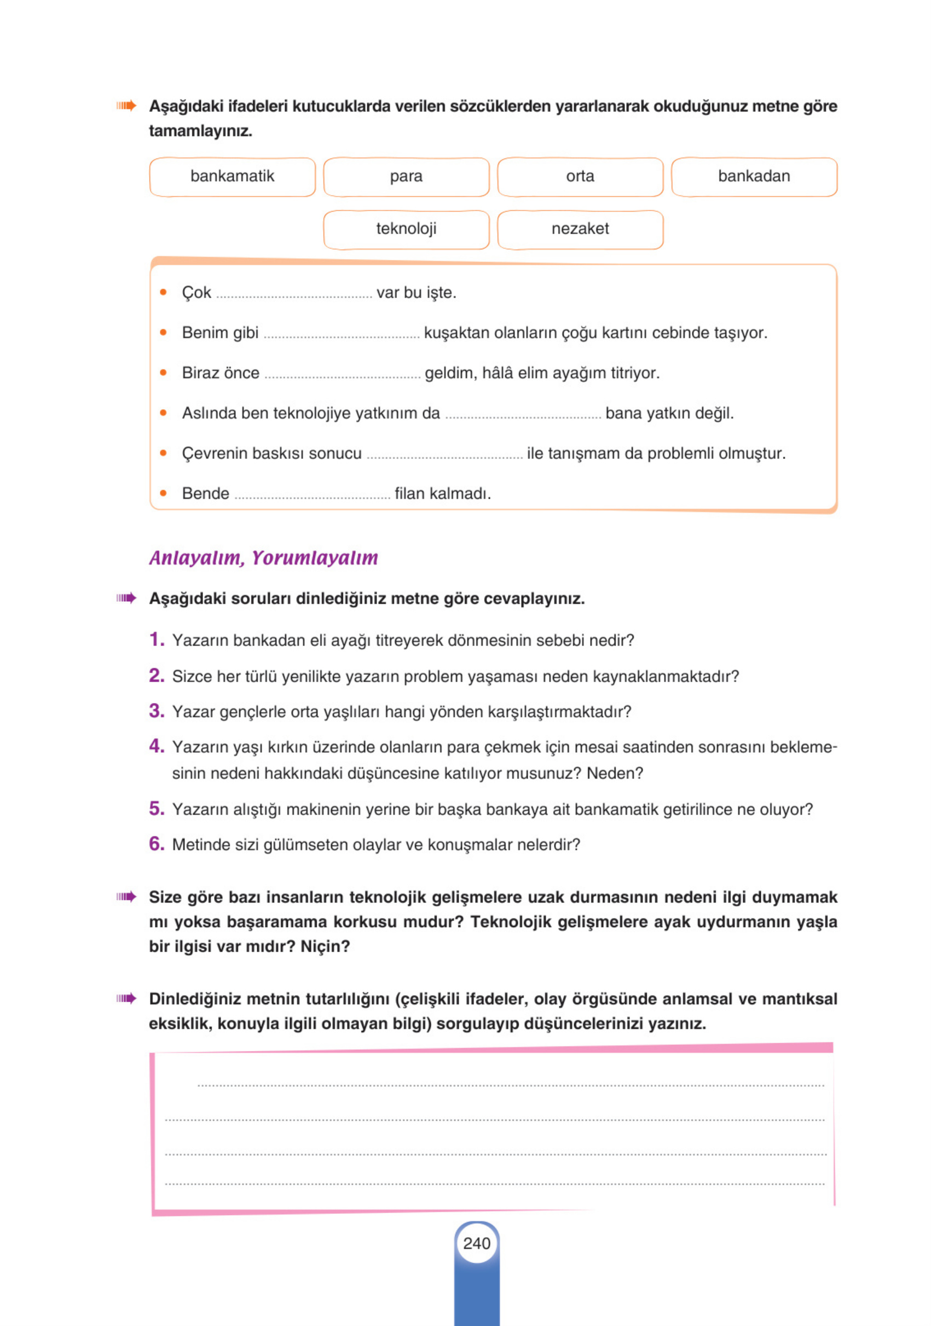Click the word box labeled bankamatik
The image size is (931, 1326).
[232, 177]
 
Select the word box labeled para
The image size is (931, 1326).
[406, 177]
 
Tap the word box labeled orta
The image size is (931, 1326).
[580, 177]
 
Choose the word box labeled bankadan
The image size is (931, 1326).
[754, 177]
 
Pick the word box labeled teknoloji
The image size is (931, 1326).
[406, 229]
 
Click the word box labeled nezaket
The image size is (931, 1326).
[580, 229]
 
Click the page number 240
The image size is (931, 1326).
[476, 1243]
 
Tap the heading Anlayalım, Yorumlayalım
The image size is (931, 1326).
[263, 558]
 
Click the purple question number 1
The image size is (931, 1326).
[156, 639]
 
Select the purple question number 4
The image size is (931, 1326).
[156, 746]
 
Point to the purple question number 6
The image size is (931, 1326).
[156, 844]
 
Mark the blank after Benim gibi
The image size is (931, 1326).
[341, 335]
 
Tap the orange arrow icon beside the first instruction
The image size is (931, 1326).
[126, 106]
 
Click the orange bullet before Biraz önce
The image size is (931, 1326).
[164, 373]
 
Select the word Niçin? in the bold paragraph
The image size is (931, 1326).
[325, 946]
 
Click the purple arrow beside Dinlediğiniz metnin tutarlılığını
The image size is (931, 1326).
[126, 998]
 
